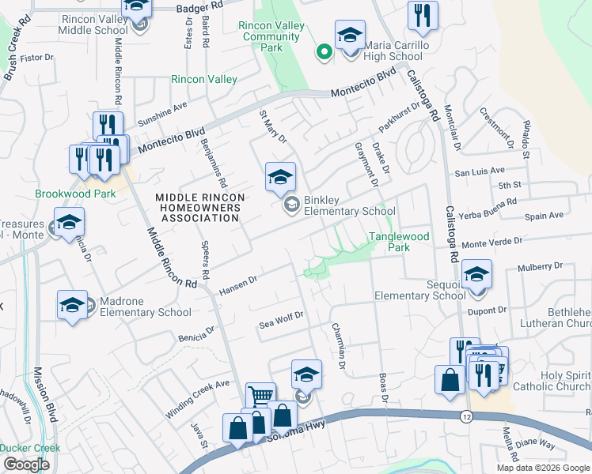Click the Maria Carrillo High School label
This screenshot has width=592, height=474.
pyautogui.click(x=393, y=51)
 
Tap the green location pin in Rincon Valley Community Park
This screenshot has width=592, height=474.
pyautogui.click(x=323, y=52)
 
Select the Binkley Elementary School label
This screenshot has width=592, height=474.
pyautogui.click(x=349, y=205)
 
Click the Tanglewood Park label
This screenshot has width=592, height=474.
pyautogui.click(x=399, y=242)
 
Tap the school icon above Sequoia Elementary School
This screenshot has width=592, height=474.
pyautogui.click(x=476, y=274)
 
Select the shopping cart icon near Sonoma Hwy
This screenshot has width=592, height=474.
pyautogui.click(x=260, y=395)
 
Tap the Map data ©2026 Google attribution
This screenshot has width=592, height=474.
pyautogui.click(x=543, y=468)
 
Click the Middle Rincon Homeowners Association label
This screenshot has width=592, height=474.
pyautogui.click(x=199, y=208)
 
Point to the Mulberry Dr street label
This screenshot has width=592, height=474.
pyautogui.click(x=539, y=268)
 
